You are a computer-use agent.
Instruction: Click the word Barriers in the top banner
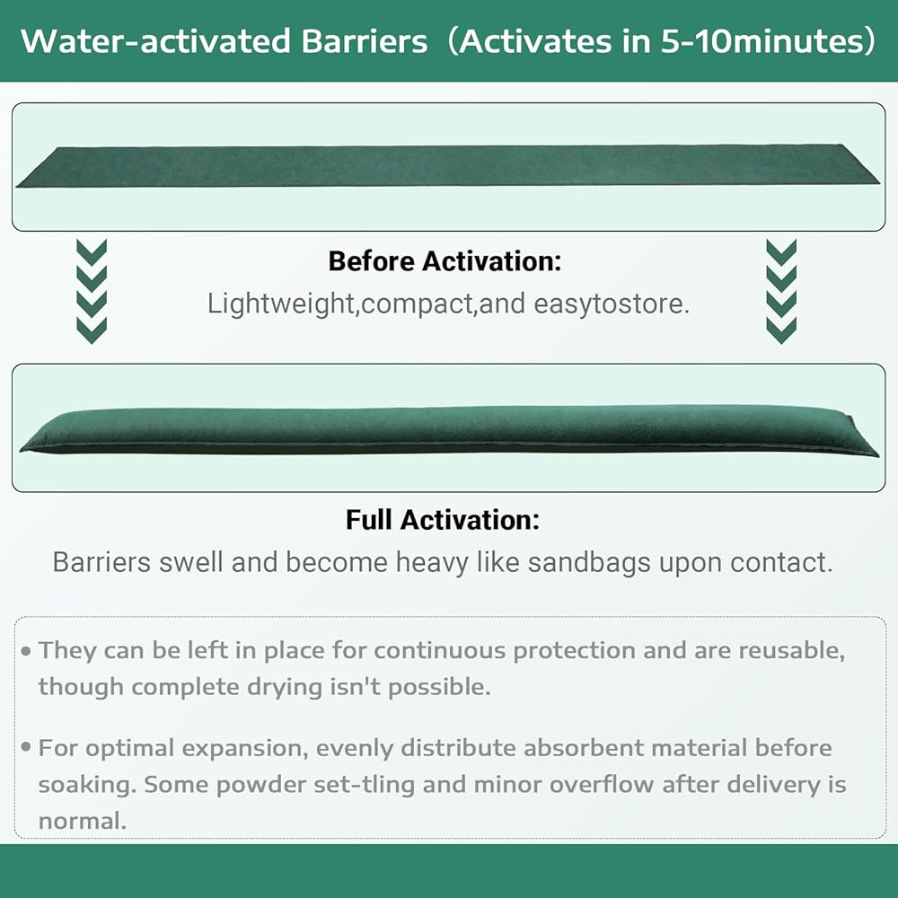point(365,41)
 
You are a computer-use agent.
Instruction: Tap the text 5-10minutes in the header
point(762,41)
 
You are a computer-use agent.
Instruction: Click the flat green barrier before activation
point(447,165)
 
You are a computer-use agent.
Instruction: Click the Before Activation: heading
point(445,261)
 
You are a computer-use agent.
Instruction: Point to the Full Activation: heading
point(443,520)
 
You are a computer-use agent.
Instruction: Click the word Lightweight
point(280,304)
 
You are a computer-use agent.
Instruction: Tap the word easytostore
point(611,304)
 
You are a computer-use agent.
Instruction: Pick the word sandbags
point(589,562)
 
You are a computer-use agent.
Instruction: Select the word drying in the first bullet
point(285,687)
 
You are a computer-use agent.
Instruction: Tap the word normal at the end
point(82,822)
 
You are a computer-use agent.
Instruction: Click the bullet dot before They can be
point(26,651)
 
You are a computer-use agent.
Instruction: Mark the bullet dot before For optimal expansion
point(26,747)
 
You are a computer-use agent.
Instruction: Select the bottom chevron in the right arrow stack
point(781,330)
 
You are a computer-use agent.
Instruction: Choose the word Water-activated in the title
point(155,41)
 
